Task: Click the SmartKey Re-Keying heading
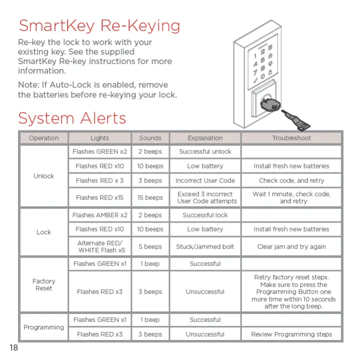click(99, 25)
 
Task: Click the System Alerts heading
click(72, 118)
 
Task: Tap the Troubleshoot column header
click(291, 138)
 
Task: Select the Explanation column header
click(205, 138)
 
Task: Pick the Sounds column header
click(150, 138)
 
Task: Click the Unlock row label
click(44, 176)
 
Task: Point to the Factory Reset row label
click(44, 284)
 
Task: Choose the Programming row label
click(44, 327)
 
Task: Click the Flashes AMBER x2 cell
click(99, 215)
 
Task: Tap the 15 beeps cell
click(150, 197)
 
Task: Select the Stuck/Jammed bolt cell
click(205, 246)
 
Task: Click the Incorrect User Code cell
click(205, 180)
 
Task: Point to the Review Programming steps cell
click(291, 334)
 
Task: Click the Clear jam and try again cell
click(291, 246)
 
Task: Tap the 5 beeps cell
click(150, 246)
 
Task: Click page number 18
click(13, 348)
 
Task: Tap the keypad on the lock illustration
click(263, 64)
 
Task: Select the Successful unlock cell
click(205, 151)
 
